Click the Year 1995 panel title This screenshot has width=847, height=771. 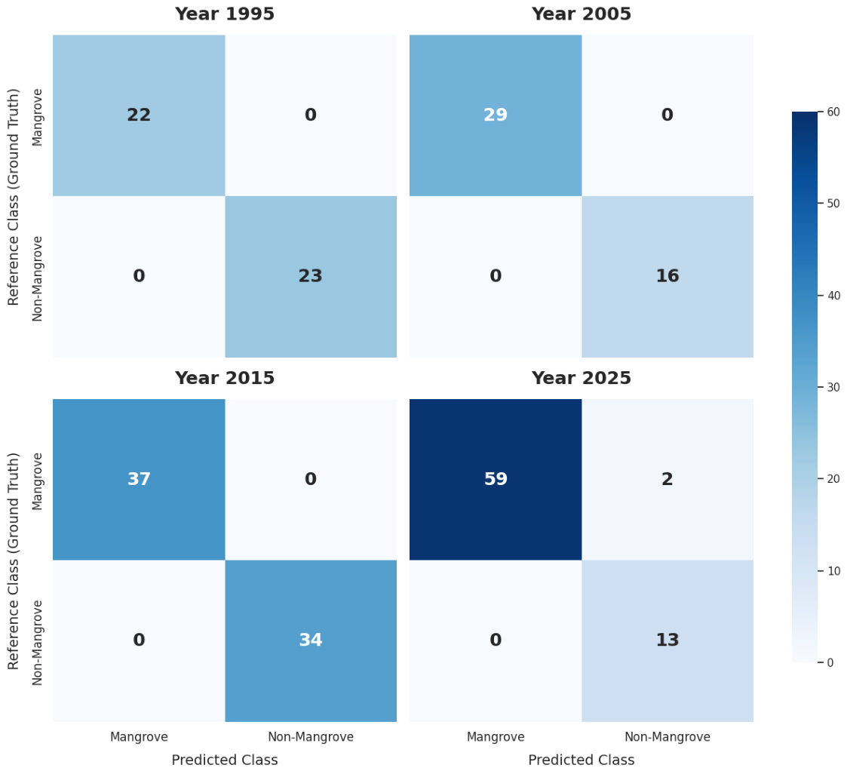[225, 14]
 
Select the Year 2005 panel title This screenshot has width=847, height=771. [582, 14]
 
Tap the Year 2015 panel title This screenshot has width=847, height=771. [225, 378]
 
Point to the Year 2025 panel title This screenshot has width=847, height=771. [582, 378]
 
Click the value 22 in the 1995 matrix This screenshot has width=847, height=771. [139, 115]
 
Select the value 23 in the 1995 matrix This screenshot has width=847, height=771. [311, 276]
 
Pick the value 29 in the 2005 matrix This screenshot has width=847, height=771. [496, 115]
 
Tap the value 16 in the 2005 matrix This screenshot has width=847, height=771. [667, 276]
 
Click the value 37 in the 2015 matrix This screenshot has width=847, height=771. [139, 479]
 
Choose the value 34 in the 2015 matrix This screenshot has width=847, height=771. [311, 640]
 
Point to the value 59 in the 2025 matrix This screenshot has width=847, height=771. [496, 479]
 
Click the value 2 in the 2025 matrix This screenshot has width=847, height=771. [667, 479]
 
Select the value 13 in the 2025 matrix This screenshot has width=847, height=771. [667, 640]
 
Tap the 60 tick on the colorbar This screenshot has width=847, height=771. [833, 112]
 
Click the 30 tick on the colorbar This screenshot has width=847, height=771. [833, 387]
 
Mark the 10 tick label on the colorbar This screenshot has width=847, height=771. [833, 570]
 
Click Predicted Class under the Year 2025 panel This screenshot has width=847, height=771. [582, 760]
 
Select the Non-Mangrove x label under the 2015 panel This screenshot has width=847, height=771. [311, 737]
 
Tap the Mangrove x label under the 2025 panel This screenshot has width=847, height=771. [496, 737]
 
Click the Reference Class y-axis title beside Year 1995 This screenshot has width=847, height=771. [14, 197]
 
